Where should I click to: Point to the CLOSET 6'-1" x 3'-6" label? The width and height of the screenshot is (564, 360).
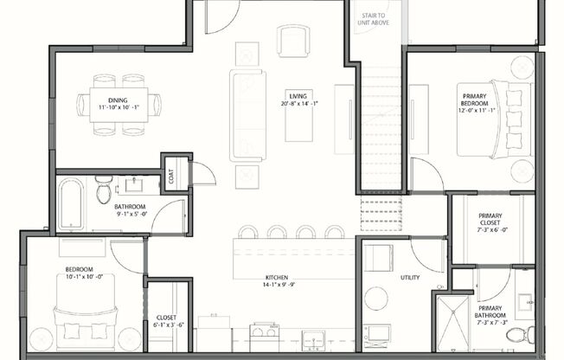click(165, 321)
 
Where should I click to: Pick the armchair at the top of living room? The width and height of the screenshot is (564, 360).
click(293, 40)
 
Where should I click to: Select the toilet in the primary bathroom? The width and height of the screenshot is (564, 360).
click(529, 333)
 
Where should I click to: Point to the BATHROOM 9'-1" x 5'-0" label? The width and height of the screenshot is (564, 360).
click(132, 211)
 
